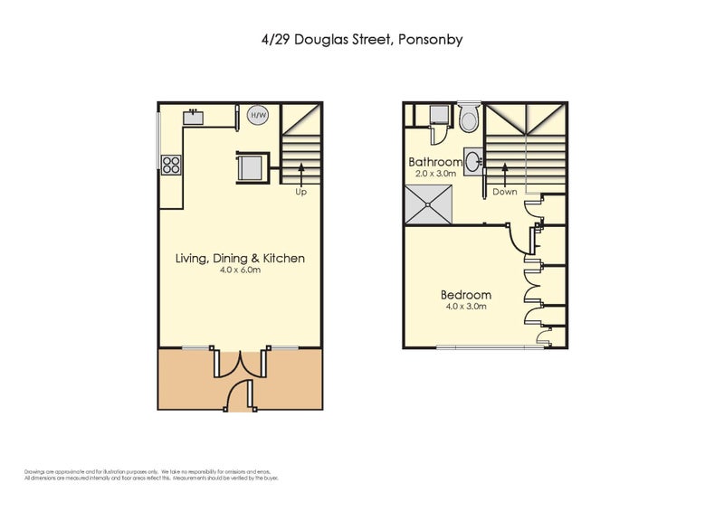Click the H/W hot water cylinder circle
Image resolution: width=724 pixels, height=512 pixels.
click(x=257, y=116)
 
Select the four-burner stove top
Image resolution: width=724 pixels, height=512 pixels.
click(x=171, y=164)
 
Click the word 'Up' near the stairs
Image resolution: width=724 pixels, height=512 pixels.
click(x=301, y=192)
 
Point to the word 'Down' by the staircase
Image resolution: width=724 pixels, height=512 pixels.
click(x=505, y=192)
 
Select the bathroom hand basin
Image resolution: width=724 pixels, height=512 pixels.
click(x=472, y=162)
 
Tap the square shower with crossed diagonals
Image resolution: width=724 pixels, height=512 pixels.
click(x=429, y=205)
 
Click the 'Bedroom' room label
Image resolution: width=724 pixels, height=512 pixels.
click(x=466, y=295)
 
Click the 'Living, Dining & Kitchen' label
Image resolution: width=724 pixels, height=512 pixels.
click(x=240, y=259)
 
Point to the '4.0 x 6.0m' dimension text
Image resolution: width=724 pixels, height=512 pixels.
click(x=240, y=270)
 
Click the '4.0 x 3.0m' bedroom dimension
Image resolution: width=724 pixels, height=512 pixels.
click(x=465, y=307)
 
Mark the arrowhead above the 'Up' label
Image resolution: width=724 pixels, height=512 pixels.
click(x=301, y=167)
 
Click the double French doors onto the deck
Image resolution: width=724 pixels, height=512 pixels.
click(x=239, y=362)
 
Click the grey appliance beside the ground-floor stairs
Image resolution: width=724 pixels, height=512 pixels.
click(x=250, y=166)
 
